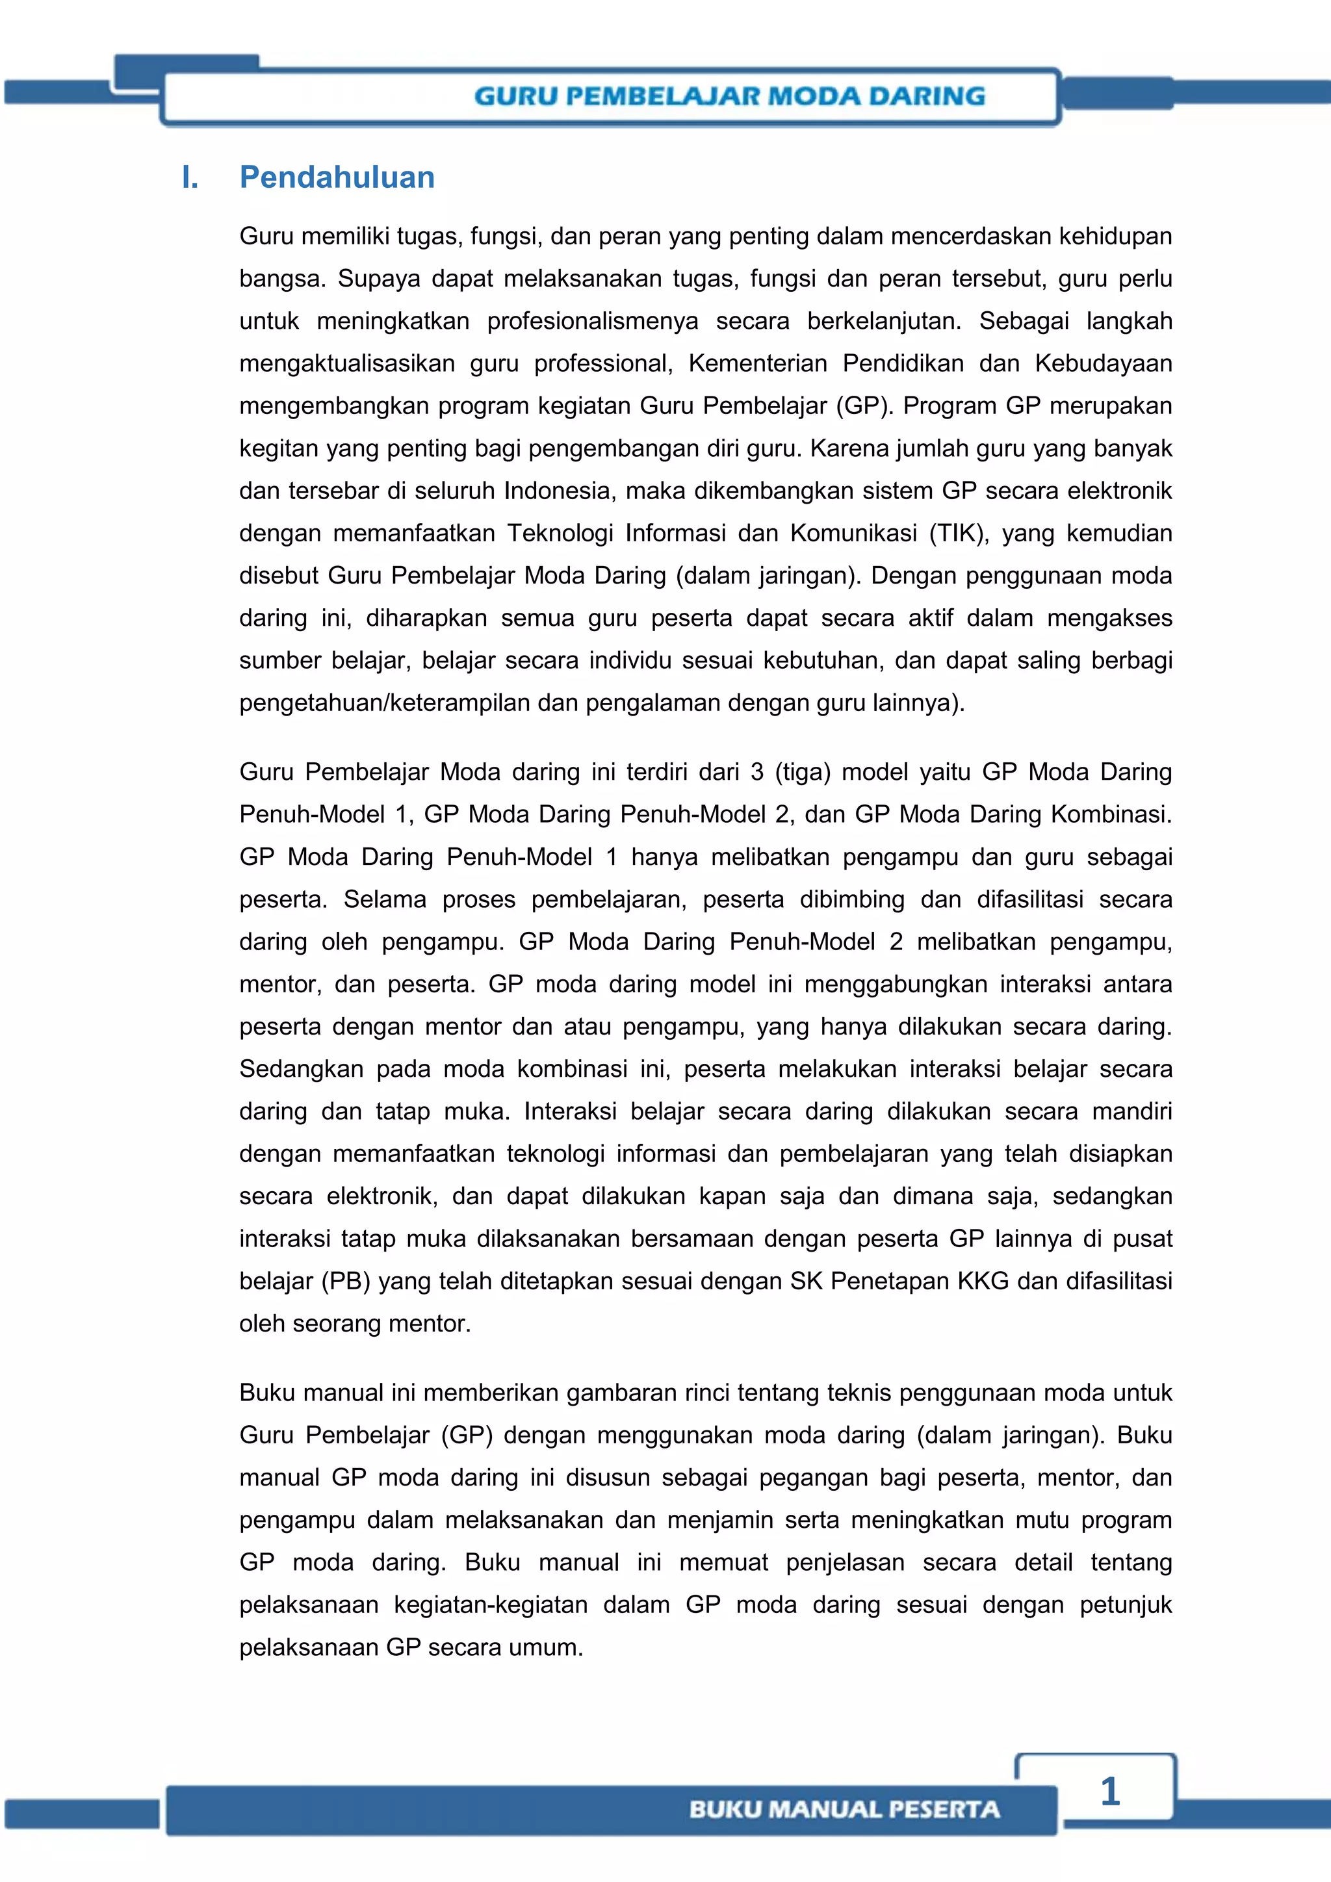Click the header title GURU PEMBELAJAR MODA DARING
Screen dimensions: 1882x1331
729,96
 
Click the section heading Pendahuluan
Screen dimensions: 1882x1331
337,177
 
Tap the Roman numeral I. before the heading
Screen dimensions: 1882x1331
190,177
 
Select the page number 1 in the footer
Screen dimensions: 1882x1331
1110,1791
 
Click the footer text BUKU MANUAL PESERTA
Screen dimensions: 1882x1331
844,1809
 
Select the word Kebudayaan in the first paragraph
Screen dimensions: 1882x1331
1103,363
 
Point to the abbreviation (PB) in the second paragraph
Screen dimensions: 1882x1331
346,1281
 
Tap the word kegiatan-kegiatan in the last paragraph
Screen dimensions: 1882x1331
490,1605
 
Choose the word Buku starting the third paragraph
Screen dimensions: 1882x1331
266,1393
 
